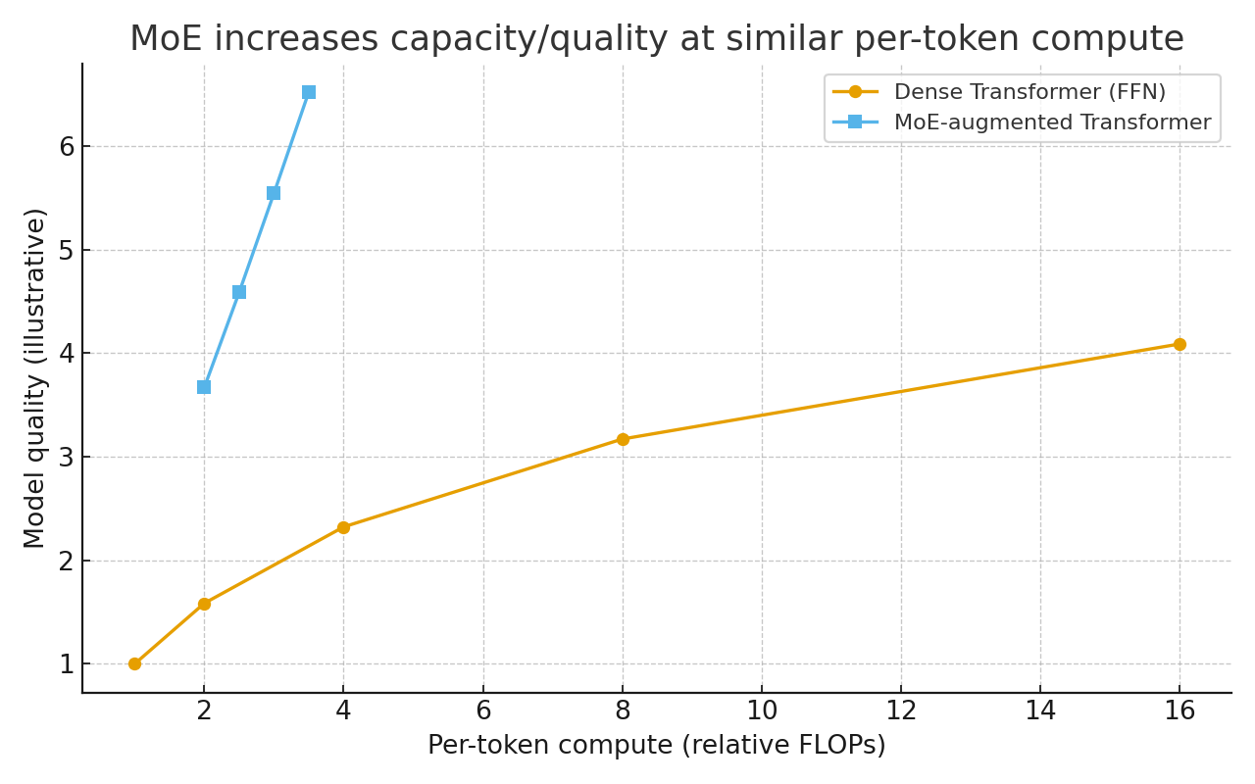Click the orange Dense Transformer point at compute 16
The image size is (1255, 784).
point(1180,344)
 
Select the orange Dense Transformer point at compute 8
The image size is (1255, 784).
point(623,439)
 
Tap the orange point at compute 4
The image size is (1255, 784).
point(343,527)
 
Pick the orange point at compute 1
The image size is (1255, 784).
point(134,663)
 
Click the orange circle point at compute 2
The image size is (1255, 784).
point(204,604)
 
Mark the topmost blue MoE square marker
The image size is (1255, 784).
point(309,92)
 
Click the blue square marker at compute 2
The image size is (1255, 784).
point(204,387)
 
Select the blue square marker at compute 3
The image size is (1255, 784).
point(274,193)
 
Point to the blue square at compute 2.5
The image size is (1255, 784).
point(239,292)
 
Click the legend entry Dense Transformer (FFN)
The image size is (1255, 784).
point(1029,92)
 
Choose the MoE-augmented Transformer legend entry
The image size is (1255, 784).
point(1052,122)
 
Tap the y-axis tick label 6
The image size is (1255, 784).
point(67,147)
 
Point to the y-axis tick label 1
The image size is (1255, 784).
point(67,664)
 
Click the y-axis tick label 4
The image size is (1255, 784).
point(67,354)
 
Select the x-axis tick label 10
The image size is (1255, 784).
point(762,710)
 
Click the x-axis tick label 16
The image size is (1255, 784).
point(1180,710)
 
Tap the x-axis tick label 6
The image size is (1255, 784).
point(483,710)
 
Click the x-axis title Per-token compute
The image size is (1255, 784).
point(656,746)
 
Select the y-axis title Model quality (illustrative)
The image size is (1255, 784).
point(35,378)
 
